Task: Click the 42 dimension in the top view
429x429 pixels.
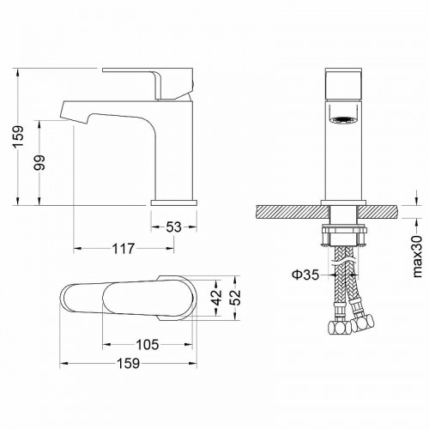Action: pyautogui.click(x=218, y=297)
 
